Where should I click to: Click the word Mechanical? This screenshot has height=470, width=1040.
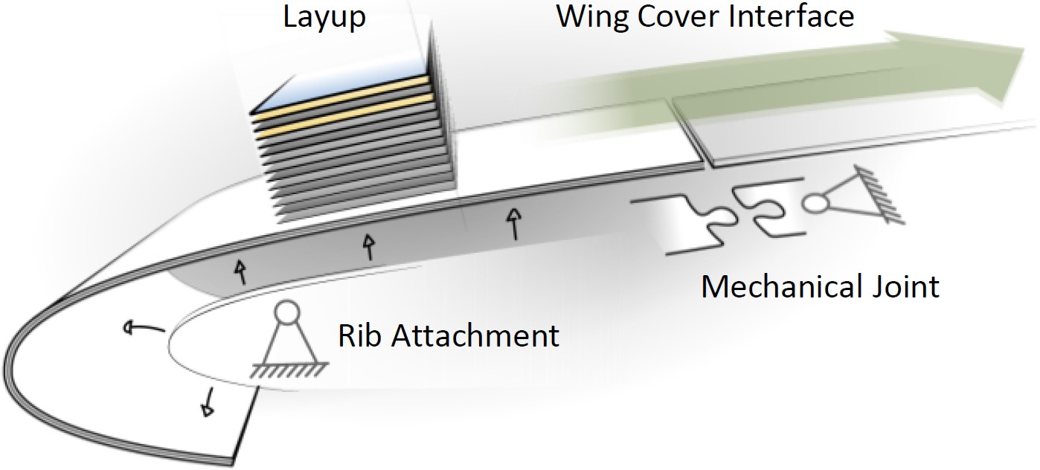click(x=783, y=286)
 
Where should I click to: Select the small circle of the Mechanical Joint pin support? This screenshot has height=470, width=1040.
click(x=816, y=202)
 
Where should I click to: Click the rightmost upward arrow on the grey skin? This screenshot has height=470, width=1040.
click(x=512, y=222)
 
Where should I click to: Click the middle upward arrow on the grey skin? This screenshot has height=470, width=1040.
click(x=367, y=245)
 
